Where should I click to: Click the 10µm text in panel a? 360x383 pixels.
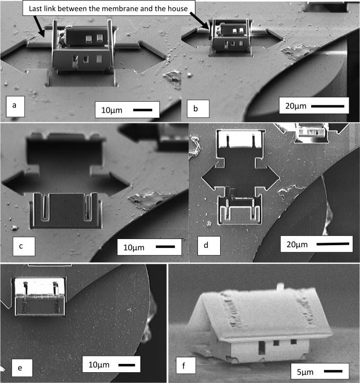[x=113, y=110]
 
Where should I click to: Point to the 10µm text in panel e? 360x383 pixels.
[x=99, y=366]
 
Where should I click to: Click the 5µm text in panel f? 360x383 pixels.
[x=307, y=370]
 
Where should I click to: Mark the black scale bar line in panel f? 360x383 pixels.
[x=333, y=370]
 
